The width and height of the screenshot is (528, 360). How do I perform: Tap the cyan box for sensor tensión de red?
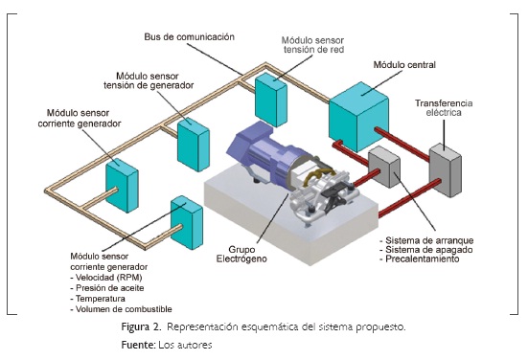pos(270,96)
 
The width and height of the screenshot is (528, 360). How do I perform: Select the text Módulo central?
pos(404,64)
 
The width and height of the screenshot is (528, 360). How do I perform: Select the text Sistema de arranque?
pos(425,239)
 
